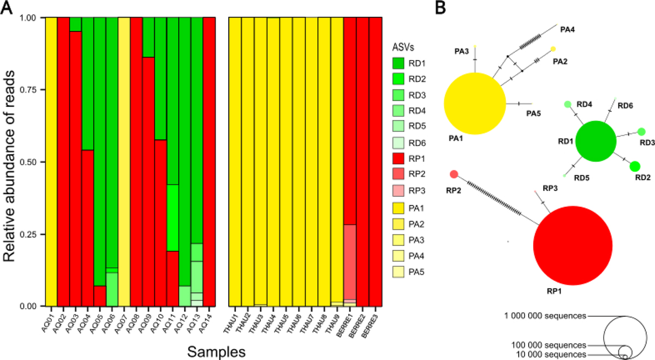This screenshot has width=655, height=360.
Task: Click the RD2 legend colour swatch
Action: (x=398, y=79)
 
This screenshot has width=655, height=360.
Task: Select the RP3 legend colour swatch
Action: (x=398, y=190)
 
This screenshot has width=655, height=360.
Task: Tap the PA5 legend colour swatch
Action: (x=398, y=272)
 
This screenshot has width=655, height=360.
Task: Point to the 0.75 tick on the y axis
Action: (x=43, y=89)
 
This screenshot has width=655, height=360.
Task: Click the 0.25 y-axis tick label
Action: (x=28, y=235)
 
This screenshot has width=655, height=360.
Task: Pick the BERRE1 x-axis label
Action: (x=344, y=326)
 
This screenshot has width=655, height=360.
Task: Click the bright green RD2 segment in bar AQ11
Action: (x=173, y=218)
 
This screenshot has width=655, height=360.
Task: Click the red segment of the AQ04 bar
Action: (x=88, y=228)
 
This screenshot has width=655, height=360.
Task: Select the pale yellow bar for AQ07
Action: (x=124, y=162)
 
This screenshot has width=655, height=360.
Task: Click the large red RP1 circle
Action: (x=573, y=245)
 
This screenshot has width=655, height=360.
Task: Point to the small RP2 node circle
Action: (x=454, y=175)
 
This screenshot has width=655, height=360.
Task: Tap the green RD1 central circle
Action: (x=596, y=141)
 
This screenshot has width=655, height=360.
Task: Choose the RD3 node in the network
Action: (x=641, y=132)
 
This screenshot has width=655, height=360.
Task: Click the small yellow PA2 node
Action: (x=553, y=49)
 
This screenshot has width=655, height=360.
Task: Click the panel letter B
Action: (x=440, y=8)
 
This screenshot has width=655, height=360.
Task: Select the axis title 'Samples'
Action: (x=216, y=352)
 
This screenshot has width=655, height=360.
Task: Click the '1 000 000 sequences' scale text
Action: (x=545, y=316)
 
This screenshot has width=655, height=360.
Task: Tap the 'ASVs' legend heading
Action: (x=403, y=47)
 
